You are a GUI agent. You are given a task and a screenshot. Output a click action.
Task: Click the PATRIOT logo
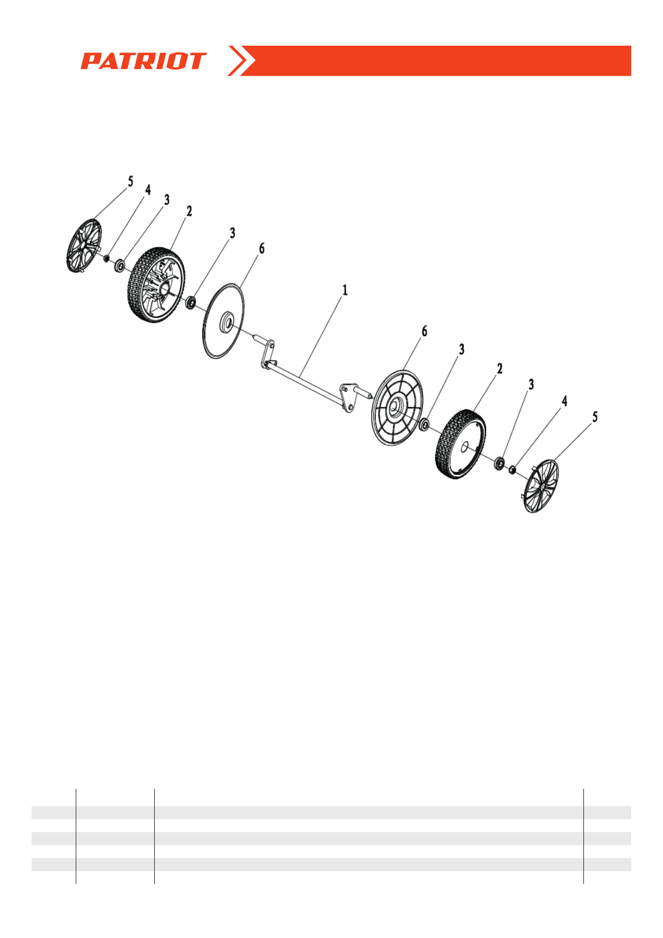click(144, 61)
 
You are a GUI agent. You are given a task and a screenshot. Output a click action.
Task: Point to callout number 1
click(345, 290)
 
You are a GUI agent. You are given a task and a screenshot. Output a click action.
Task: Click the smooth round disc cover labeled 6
click(223, 322)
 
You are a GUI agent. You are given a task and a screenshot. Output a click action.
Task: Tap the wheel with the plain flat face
click(460, 444)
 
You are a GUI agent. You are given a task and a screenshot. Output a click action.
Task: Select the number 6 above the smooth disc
click(262, 248)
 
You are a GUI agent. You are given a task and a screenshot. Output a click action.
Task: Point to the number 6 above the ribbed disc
click(424, 331)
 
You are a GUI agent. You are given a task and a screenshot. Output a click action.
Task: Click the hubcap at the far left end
click(84, 246)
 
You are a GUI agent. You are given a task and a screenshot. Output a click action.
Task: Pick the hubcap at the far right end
click(541, 486)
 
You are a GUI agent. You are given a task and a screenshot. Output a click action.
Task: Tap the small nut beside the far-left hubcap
click(106, 257)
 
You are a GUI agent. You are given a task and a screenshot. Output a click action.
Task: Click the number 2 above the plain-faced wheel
click(499, 369)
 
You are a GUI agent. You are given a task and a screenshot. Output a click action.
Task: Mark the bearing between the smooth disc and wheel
click(190, 303)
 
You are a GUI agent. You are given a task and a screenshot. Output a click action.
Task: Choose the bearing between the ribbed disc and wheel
click(424, 425)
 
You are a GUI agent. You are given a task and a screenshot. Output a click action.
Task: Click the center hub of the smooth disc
click(228, 322)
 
